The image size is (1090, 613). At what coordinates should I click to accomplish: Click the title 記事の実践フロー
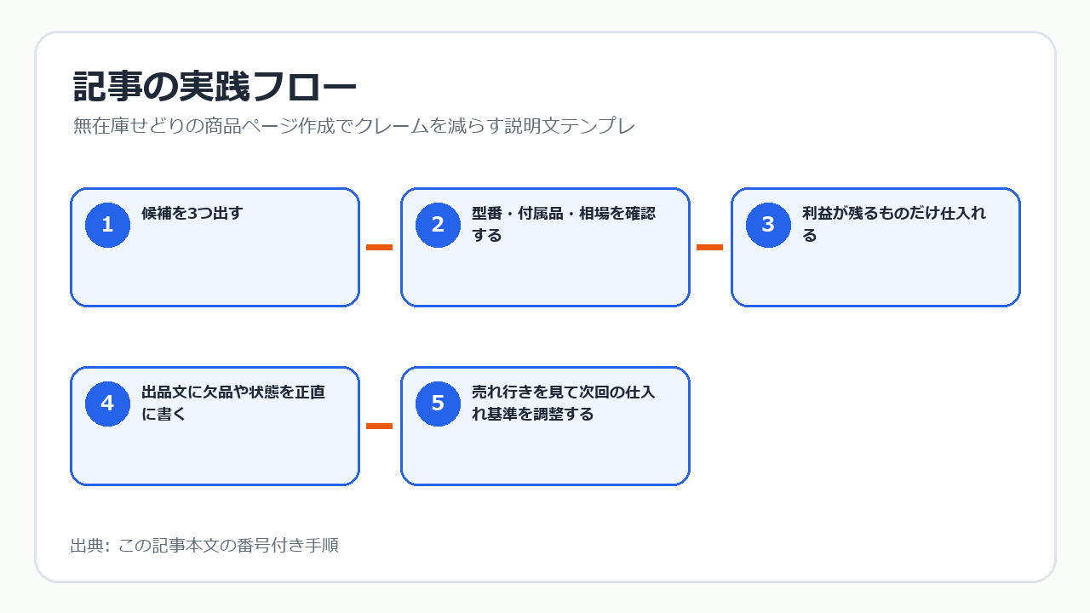(x=215, y=87)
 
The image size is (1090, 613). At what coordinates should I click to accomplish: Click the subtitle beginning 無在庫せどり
(x=353, y=126)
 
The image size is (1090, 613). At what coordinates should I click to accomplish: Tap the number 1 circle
(x=107, y=225)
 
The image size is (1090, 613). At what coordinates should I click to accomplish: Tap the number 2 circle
(x=438, y=225)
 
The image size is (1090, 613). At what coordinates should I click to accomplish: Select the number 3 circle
(x=768, y=225)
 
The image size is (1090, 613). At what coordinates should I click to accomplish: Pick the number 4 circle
(x=107, y=404)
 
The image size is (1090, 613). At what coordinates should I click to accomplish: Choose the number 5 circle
(x=438, y=404)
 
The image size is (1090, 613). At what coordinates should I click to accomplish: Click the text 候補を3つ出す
(x=192, y=213)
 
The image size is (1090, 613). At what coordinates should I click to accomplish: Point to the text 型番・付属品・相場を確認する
(x=564, y=224)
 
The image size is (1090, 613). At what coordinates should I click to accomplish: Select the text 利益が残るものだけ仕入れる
(x=894, y=224)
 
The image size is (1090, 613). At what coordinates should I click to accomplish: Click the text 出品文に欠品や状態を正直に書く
(x=233, y=403)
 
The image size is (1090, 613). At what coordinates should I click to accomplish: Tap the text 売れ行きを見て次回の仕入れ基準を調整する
(x=564, y=403)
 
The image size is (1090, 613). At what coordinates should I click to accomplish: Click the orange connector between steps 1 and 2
(x=379, y=247)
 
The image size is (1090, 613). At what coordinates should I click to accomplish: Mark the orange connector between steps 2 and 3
(x=709, y=247)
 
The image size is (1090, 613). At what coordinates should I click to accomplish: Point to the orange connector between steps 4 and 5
(x=379, y=427)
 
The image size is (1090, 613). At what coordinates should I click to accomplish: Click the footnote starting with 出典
(x=204, y=546)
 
